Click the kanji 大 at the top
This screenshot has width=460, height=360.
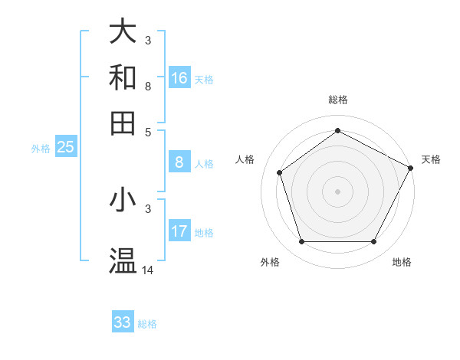click(123, 33)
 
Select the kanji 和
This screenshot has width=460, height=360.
click(123, 78)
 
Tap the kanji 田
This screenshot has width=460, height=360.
click(123, 123)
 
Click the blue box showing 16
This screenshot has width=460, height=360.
click(179, 78)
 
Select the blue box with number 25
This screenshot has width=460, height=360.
click(65, 148)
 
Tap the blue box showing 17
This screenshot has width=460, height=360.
click(179, 231)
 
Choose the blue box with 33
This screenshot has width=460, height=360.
click(123, 322)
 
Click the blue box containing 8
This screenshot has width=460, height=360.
click(179, 162)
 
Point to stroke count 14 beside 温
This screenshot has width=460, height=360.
click(148, 270)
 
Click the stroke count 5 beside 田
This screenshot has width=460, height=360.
click(148, 131)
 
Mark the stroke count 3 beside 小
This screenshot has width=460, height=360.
click(148, 208)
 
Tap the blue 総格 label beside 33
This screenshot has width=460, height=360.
click(148, 324)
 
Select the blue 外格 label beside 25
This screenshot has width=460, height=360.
click(41, 149)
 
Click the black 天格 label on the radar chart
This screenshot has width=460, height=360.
click(431, 159)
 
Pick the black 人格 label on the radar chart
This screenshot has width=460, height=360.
click(245, 159)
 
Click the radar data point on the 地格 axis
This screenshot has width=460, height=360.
click(374, 242)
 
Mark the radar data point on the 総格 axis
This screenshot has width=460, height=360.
click(337, 130)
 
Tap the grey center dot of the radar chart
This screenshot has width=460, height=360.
click(337, 191)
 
